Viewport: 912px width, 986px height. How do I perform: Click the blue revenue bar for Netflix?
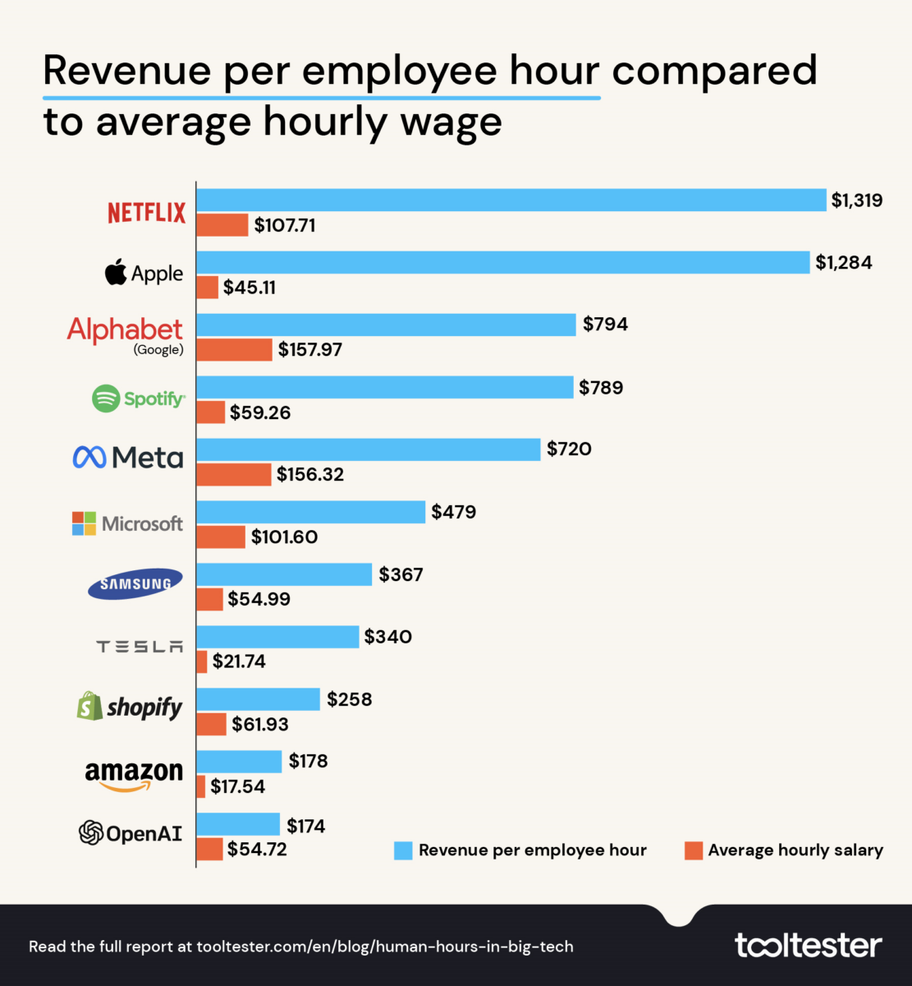click(511, 200)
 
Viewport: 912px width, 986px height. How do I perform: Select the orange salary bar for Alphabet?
click(234, 349)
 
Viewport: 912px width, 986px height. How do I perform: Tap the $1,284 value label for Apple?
click(844, 262)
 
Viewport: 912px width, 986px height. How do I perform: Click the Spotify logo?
click(138, 399)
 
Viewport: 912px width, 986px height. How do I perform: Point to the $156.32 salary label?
click(310, 474)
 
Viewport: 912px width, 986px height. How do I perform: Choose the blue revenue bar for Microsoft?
click(310, 512)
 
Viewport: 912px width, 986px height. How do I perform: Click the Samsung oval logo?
click(135, 584)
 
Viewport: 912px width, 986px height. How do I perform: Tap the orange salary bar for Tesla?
click(201, 661)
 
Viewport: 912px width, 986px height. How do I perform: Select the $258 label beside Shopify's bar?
click(349, 699)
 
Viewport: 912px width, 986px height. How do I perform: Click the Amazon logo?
click(134, 775)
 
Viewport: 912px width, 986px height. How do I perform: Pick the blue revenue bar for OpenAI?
click(238, 824)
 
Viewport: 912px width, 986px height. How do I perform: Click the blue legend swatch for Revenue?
click(403, 850)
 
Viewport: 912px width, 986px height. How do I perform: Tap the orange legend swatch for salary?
click(694, 850)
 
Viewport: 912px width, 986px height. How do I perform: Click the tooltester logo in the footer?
click(808, 945)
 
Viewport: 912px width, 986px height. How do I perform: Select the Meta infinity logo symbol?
click(89, 457)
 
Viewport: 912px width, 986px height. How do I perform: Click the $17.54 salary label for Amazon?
click(237, 786)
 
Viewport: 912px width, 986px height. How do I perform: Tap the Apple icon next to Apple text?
click(117, 272)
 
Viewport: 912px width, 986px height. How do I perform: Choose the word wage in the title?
click(452, 122)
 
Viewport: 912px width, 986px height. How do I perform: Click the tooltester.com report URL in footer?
click(385, 947)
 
